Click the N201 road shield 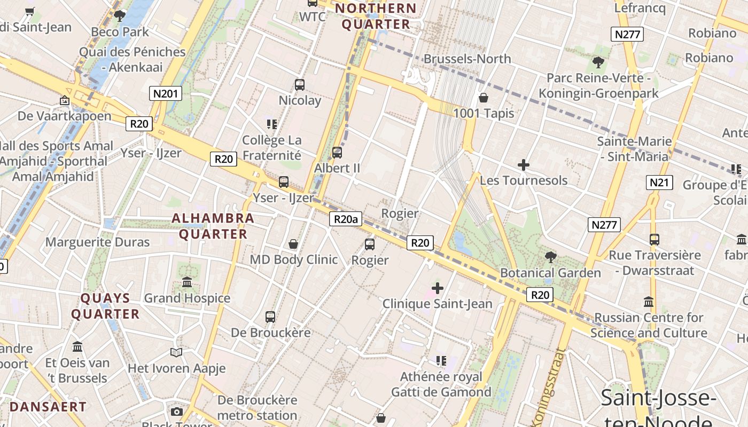click(x=165, y=94)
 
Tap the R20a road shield click(x=345, y=218)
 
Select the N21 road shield click(x=659, y=183)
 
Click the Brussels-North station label click(x=467, y=59)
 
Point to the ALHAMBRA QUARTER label click(x=213, y=226)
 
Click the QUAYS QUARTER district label click(x=105, y=306)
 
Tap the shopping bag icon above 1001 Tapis click(x=484, y=98)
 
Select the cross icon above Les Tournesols click(x=524, y=165)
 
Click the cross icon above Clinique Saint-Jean click(x=438, y=289)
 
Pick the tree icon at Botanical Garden click(x=550, y=257)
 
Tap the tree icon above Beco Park click(x=120, y=16)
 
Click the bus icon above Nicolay click(x=300, y=84)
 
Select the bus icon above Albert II click(x=337, y=153)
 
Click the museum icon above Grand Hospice click(x=187, y=282)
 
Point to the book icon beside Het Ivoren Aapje click(x=176, y=352)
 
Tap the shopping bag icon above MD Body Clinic click(x=293, y=244)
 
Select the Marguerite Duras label click(x=97, y=242)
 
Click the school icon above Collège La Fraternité click(x=271, y=124)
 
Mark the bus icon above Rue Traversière click(x=654, y=240)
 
